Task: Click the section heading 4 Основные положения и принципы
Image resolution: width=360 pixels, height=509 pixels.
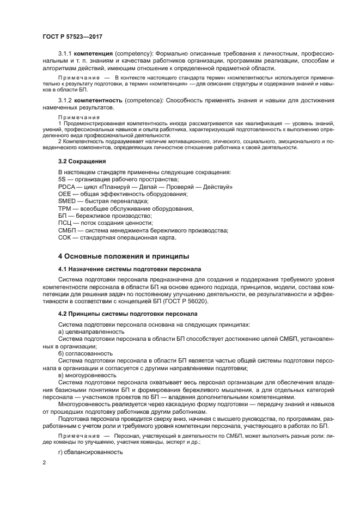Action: click(124, 255)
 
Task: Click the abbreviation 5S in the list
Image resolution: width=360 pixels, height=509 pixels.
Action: click(62, 180)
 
